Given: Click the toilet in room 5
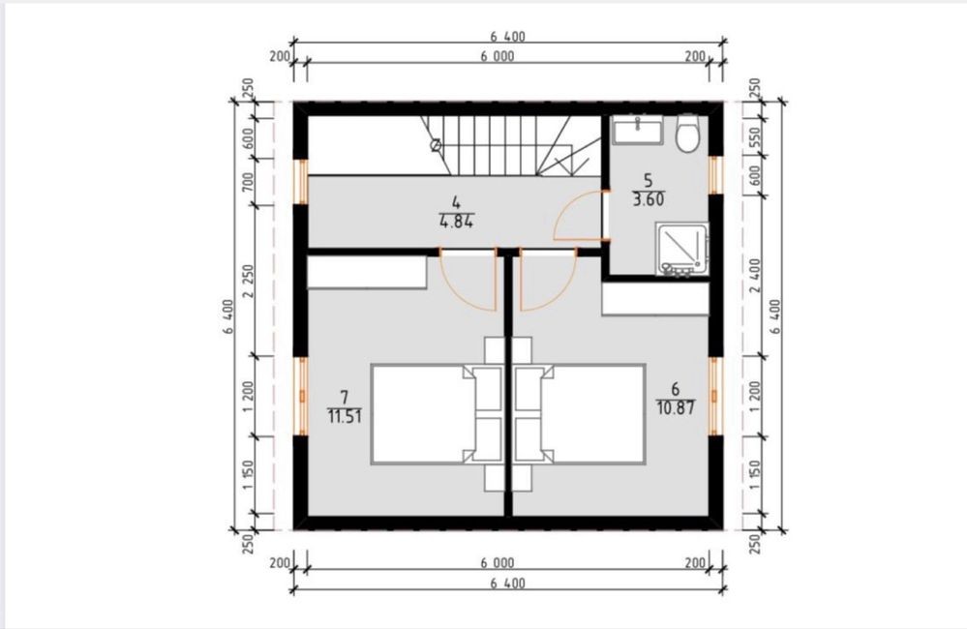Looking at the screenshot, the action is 687,134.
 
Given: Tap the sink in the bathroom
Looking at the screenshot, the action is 638,130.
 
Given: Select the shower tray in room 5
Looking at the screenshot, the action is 681,249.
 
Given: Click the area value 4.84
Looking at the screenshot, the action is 456,222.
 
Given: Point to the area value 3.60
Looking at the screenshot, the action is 649,199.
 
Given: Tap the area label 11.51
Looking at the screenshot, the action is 345,416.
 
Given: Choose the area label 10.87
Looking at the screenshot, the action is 676,407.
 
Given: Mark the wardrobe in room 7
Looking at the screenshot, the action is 368,272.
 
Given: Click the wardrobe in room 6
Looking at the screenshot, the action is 655,299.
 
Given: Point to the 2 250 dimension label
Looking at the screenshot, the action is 249,281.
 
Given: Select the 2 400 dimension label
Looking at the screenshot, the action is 756,276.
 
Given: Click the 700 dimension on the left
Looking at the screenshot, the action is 248,183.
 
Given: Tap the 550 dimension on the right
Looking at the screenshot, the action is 756,139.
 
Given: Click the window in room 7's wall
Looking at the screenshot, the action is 302,397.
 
